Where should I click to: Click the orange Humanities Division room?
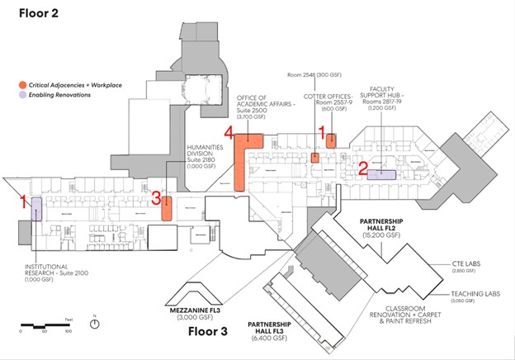(x=166, y=208)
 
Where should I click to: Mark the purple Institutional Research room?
(x=37, y=210)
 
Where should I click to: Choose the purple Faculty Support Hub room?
(x=381, y=174)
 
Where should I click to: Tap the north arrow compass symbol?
(x=97, y=323)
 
